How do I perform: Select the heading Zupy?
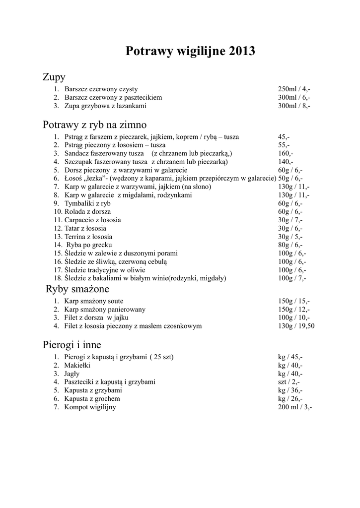pos(54,77)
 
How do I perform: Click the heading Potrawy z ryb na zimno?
pos(94,125)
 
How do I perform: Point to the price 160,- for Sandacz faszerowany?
pos(286,153)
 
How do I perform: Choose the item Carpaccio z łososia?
pos(92,220)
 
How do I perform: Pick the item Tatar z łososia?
pos(85,228)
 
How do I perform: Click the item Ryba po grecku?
pos(89,245)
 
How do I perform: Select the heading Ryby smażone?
pos(77,289)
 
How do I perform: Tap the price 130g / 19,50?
pos(296,326)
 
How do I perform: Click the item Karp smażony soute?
pos(94,301)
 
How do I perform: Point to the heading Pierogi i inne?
pos(72,345)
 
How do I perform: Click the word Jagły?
pos(72,374)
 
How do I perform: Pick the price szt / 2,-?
pos(288,382)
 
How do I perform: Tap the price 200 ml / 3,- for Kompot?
pos(295,407)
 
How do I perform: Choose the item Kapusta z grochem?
pos(92,399)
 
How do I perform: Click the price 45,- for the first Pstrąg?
pos(284,136)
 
